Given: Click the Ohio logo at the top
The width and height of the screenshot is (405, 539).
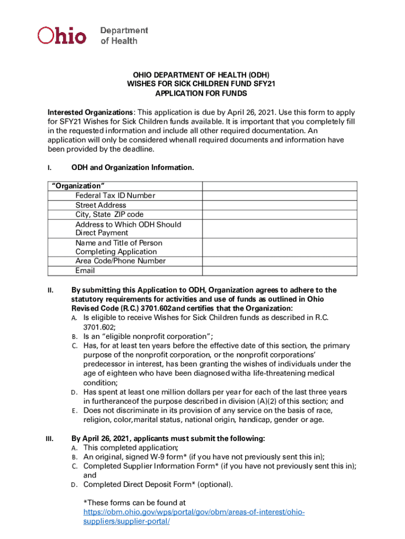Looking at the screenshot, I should (62, 35).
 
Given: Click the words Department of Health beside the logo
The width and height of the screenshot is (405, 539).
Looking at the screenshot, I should (124, 35).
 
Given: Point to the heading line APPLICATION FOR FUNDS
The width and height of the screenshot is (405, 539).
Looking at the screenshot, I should (201, 93).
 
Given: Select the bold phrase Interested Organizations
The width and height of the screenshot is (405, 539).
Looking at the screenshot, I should (90, 113).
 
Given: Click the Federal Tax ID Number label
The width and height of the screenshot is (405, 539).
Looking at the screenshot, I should (115, 196).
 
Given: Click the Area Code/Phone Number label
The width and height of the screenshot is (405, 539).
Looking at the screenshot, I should (120, 261).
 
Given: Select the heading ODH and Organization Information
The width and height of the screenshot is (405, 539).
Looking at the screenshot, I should (133, 167).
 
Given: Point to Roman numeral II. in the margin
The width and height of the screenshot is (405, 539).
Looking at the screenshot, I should (50, 290).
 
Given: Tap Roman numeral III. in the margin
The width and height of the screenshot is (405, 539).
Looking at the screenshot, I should (50, 439).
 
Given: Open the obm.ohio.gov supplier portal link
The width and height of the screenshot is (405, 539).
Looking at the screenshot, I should (194, 517).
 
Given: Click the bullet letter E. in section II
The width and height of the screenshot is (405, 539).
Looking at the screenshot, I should (75, 411).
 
